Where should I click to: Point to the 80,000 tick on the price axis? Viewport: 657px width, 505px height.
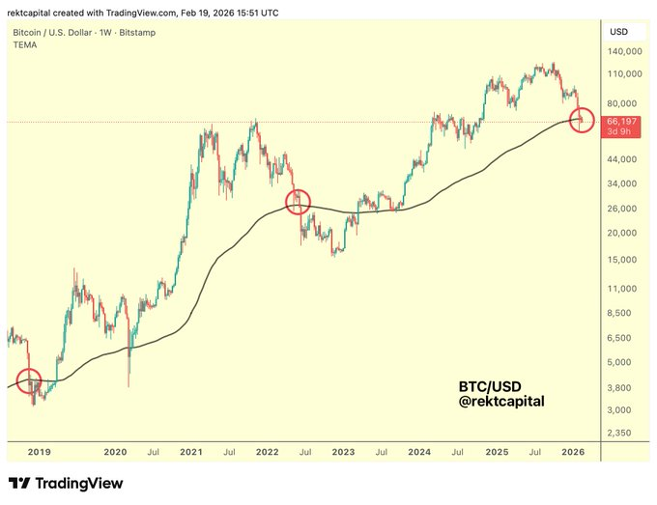(x=623, y=103)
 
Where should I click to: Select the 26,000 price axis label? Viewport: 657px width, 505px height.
(x=623, y=209)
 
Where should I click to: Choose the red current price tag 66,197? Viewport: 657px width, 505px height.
(x=620, y=122)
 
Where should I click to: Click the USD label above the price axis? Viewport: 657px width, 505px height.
(x=619, y=32)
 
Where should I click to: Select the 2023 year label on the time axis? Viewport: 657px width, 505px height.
(x=343, y=452)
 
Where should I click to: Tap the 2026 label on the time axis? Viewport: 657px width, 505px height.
(x=572, y=452)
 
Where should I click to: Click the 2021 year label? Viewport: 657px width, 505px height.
(x=190, y=452)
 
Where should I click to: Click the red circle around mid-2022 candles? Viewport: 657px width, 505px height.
(x=299, y=201)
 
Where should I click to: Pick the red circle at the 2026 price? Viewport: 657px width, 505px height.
(x=583, y=121)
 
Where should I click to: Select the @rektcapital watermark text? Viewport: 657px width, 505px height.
(x=501, y=400)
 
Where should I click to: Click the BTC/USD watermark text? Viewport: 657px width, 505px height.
(x=490, y=384)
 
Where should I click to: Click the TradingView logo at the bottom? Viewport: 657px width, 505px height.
(x=66, y=483)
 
